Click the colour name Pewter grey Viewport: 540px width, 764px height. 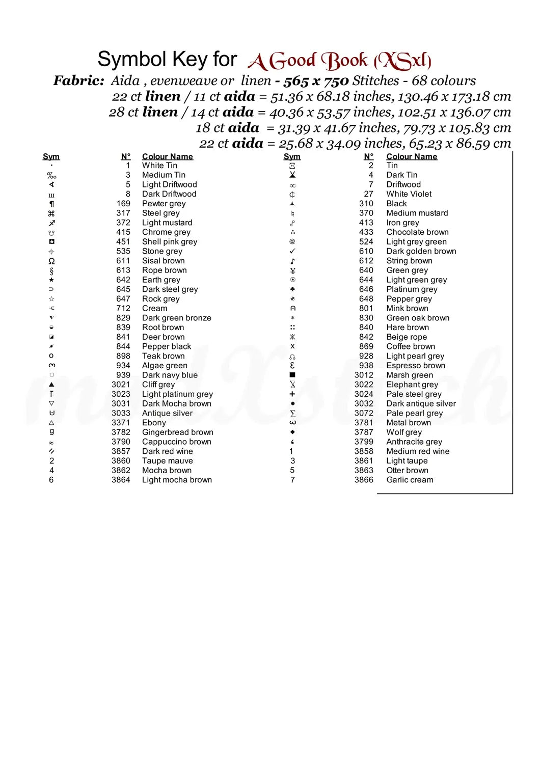click(x=164, y=204)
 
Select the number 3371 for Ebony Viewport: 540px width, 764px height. click(x=121, y=423)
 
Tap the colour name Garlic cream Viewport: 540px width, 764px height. click(x=410, y=480)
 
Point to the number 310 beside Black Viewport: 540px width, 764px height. click(x=366, y=204)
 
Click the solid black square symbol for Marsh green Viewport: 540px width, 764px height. click(x=292, y=375)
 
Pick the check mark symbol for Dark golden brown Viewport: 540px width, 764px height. click(x=292, y=251)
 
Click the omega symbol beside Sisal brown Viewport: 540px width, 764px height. click(x=51, y=261)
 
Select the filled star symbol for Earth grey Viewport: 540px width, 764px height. click(x=51, y=280)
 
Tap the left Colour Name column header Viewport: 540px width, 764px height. click(x=167, y=157)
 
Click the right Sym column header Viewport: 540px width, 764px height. click(x=292, y=157)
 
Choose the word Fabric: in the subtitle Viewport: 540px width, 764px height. click(x=79, y=80)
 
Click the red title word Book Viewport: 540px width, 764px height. click(x=344, y=61)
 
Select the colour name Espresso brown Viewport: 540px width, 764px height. click(x=416, y=366)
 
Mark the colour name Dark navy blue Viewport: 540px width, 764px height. click(x=170, y=375)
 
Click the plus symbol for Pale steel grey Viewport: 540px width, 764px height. click(x=292, y=394)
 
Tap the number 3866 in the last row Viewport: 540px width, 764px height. click(x=364, y=480)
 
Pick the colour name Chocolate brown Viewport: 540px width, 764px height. click(x=417, y=232)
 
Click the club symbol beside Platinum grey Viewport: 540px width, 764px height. click(x=292, y=289)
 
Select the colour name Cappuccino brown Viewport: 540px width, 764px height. click(x=176, y=442)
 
